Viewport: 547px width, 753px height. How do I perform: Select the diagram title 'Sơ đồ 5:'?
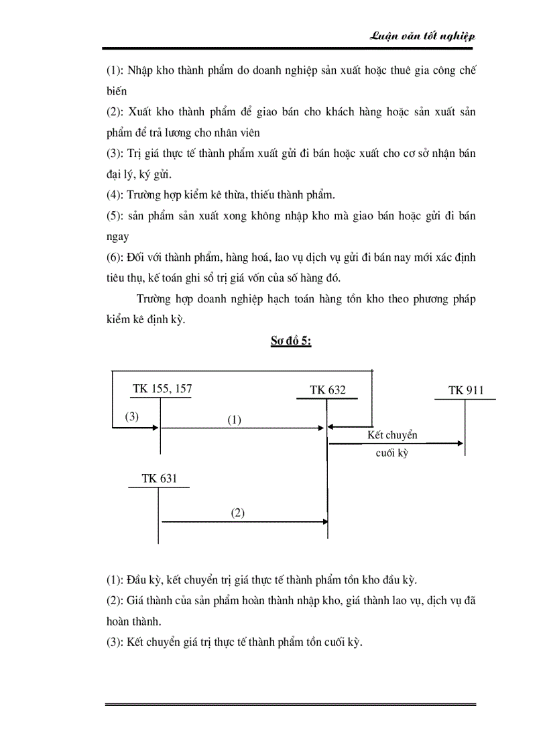290,341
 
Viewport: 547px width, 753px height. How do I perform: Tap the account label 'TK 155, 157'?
157,388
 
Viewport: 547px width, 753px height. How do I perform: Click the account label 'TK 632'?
328,390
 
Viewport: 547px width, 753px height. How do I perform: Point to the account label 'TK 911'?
466,390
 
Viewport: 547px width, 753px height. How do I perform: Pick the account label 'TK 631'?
159,478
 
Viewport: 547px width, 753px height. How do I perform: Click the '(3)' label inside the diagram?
131,416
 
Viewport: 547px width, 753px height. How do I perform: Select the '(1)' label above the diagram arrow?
233,420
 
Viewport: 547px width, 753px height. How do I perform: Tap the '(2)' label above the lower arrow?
238,513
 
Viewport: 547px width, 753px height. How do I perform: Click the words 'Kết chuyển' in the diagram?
392,435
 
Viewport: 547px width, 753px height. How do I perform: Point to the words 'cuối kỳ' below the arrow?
391,453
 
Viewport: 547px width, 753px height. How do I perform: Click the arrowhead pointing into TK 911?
461,443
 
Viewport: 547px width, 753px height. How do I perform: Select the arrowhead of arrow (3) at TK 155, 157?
156,426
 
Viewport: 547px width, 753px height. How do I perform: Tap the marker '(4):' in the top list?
118,195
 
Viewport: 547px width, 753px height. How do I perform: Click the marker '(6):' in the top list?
118,257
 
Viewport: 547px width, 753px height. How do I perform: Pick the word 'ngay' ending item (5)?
118,237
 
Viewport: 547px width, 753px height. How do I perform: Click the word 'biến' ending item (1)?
117,91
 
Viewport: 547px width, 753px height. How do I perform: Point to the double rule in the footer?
290,705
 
